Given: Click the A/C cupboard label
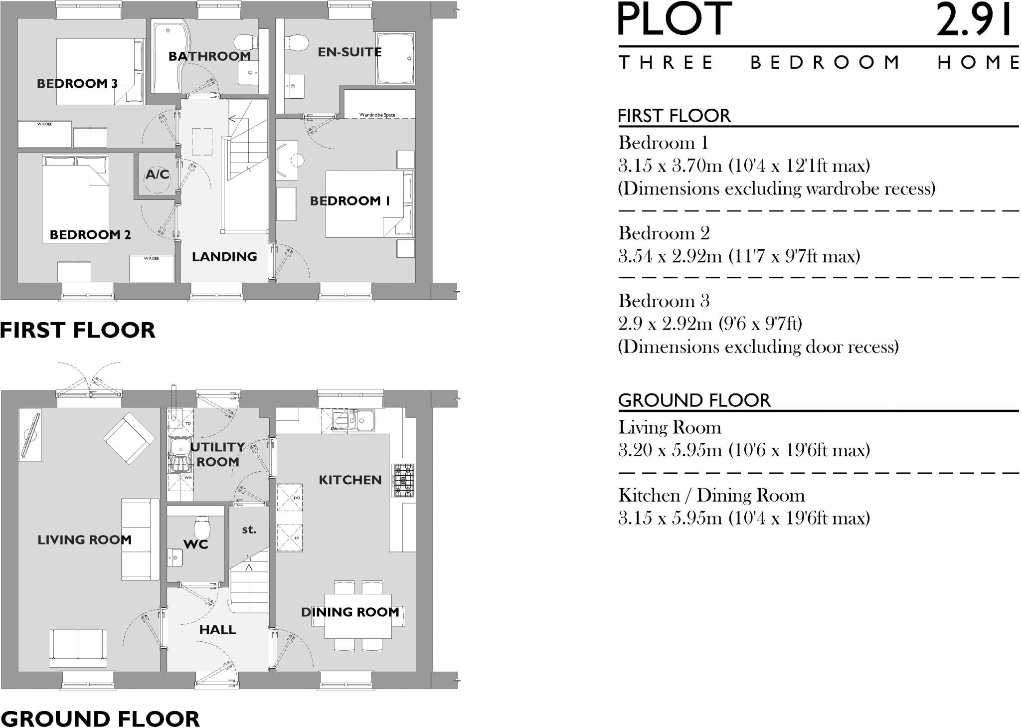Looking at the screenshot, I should tap(158, 175).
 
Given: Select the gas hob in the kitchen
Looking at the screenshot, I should tap(403, 480).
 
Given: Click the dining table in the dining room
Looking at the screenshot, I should tap(357, 616).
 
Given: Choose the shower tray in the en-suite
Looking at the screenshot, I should tap(396, 59).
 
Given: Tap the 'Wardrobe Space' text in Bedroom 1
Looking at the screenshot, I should tap(377, 115).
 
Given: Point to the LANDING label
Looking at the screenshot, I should tap(224, 257).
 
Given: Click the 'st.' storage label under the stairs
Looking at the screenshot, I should tap(249, 530).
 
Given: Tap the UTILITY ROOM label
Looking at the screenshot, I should tap(217, 454).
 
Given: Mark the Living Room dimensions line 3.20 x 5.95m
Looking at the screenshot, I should tap(744, 450).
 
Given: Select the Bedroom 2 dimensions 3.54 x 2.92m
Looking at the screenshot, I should tap(739, 256).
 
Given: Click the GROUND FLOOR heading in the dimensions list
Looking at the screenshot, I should tap(694, 400).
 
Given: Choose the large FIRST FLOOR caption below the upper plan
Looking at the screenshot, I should tap(78, 330).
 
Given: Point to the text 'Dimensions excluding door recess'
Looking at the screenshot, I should tap(758, 347).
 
